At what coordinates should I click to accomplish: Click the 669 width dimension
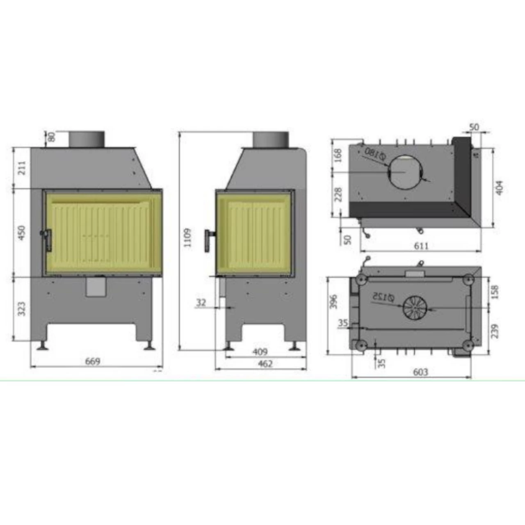click(x=93, y=361)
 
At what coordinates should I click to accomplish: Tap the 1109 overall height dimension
click(x=188, y=237)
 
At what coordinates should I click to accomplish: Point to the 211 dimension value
click(x=21, y=168)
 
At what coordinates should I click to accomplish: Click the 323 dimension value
click(x=21, y=309)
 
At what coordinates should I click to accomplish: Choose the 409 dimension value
click(x=260, y=352)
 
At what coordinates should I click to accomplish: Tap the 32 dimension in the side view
click(x=201, y=302)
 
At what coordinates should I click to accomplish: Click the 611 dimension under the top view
click(x=421, y=246)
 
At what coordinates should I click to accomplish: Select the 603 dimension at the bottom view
click(x=421, y=372)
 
